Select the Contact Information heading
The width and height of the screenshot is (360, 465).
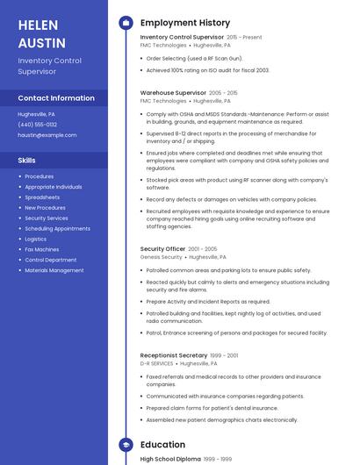tap(56, 98)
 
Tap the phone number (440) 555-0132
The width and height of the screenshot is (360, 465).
tap(37, 125)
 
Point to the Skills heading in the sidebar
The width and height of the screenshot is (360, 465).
tap(27, 161)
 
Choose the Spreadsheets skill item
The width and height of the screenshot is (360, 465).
tap(42, 197)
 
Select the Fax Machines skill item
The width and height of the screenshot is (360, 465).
tap(42, 249)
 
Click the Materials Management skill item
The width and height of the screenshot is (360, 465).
tap(54, 270)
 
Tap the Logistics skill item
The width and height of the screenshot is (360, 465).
tap(36, 239)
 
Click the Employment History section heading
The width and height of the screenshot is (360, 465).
tap(185, 23)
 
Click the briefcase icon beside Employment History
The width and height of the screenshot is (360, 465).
tap(126, 23)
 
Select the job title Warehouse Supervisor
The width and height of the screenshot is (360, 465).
tap(173, 92)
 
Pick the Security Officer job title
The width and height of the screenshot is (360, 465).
tap(163, 249)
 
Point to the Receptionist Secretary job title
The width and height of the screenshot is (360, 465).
tap(174, 355)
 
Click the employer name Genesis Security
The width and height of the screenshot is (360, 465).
tap(162, 258)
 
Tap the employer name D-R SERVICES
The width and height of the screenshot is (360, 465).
tap(157, 363)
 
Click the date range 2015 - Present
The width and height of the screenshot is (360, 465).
tap(244, 38)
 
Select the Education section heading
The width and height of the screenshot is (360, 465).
tap(162, 445)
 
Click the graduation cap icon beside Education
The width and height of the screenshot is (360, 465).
tap(126, 445)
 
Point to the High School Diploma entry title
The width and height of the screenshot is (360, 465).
tap(169, 460)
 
